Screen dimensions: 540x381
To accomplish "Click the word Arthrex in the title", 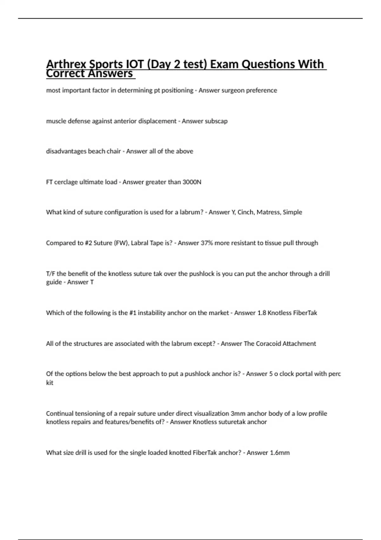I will [x=66, y=64].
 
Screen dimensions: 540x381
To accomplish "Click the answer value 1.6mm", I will [x=279, y=453].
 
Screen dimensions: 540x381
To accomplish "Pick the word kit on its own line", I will [x=50, y=383].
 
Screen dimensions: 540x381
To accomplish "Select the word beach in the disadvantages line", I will [x=97, y=151].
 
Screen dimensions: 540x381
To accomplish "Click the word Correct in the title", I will [x=65, y=74].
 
